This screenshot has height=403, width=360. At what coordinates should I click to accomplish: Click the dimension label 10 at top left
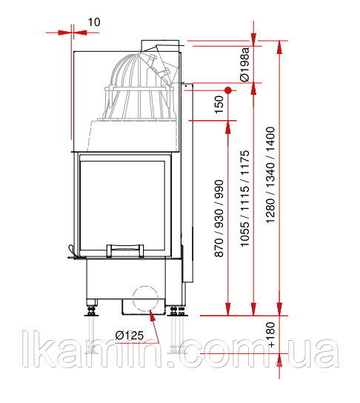(94, 22)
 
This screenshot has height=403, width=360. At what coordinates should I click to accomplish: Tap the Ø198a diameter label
(244, 64)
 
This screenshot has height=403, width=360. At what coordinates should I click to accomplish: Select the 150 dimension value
(219, 104)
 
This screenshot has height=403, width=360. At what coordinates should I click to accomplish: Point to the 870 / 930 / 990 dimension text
(219, 219)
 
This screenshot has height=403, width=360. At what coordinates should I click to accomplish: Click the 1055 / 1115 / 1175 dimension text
(244, 199)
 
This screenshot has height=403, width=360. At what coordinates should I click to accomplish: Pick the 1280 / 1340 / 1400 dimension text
(270, 176)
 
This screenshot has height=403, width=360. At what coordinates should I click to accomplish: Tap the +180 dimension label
(271, 335)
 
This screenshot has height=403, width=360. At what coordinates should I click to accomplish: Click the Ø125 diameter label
(129, 336)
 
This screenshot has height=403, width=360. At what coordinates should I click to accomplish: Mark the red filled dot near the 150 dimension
(228, 90)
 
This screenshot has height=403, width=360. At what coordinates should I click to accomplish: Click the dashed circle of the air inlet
(145, 286)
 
